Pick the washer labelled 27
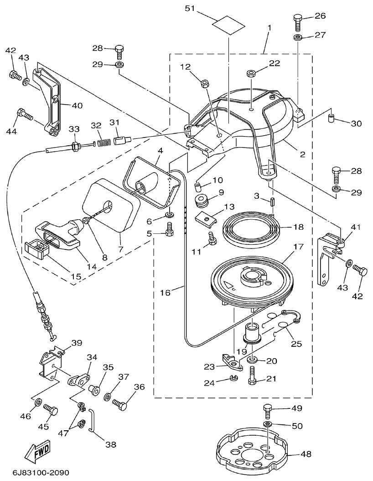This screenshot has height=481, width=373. coord(297,37)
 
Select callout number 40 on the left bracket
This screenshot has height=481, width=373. coord(77,106)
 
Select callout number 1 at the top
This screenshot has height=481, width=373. coord(269,28)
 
